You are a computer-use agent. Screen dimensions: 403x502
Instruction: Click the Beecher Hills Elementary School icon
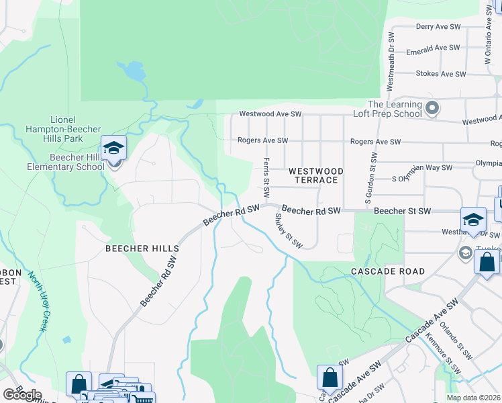coord(113,148)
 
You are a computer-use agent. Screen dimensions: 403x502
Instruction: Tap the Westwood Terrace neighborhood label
coord(315,175)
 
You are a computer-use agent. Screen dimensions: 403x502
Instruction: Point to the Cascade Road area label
coord(388,271)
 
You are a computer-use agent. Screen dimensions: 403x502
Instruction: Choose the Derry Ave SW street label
coord(438,27)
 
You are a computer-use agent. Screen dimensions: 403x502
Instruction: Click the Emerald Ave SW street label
coord(438,48)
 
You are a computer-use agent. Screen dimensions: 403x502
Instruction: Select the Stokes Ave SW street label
coord(438,74)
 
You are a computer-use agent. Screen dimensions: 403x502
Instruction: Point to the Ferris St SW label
coord(266,177)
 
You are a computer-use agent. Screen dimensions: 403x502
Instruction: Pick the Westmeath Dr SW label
coord(391,62)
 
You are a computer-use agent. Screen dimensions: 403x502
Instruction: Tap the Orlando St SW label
coord(458,340)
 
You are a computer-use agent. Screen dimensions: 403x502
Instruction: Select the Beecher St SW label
coord(402,211)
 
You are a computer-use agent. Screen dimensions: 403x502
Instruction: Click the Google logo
coord(22,394)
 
